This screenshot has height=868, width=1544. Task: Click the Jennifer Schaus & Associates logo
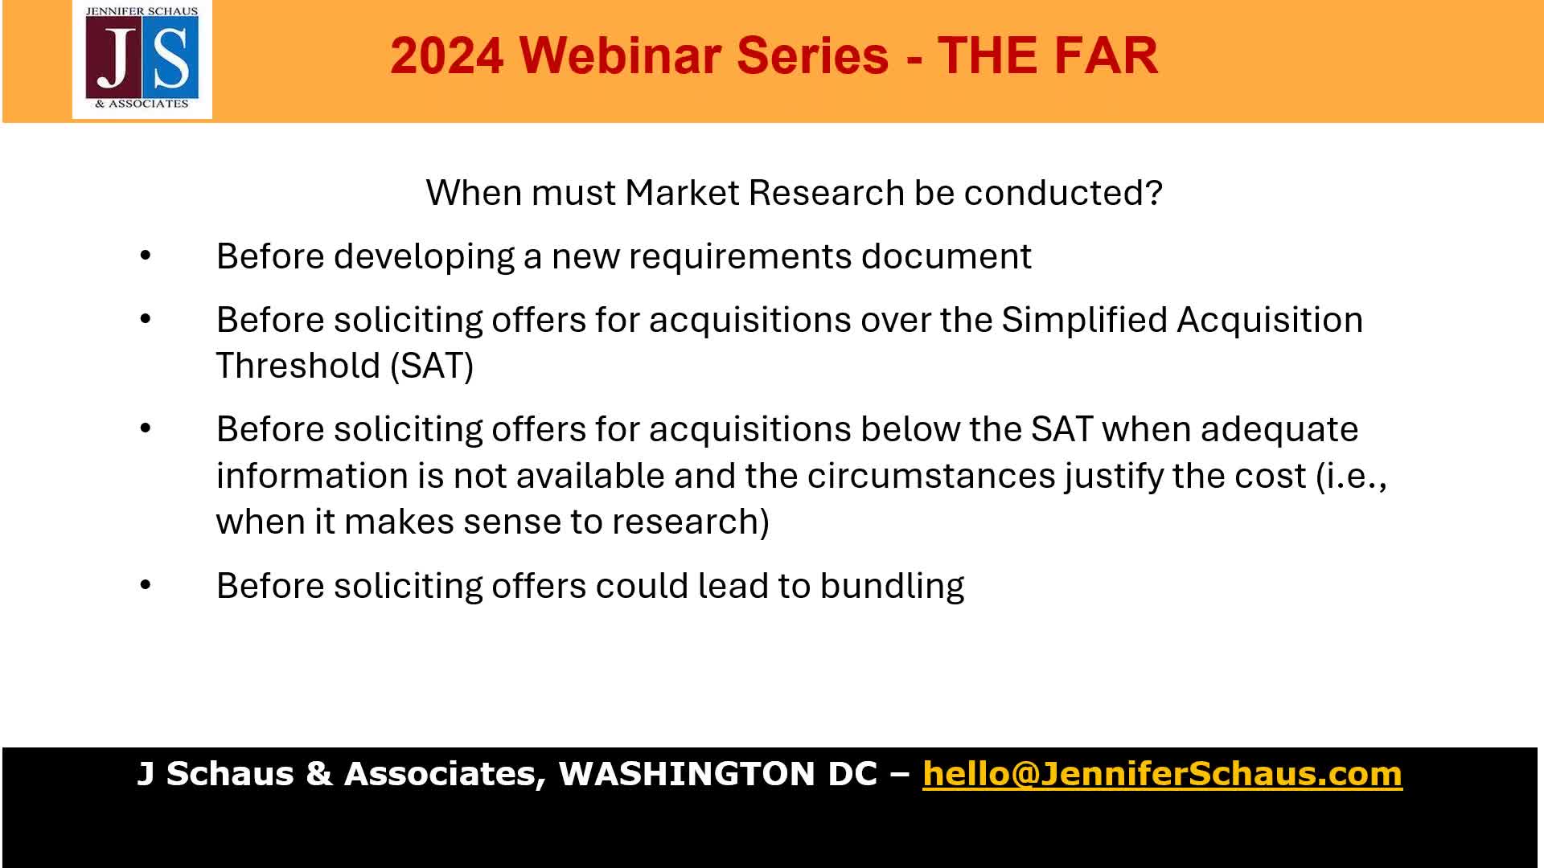(142, 59)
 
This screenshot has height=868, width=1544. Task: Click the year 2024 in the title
(447, 55)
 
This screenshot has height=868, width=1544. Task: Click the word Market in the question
(684, 193)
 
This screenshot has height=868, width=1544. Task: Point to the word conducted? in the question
(1063, 193)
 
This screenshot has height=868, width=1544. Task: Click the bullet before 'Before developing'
(146, 256)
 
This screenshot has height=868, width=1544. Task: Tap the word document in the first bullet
(947, 256)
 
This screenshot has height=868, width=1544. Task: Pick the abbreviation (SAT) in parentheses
(432, 366)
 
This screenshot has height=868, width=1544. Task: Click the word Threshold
(298, 366)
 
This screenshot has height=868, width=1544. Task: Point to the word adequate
(1279, 430)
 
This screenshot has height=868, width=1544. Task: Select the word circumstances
(931, 476)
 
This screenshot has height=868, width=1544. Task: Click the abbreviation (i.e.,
(1352, 476)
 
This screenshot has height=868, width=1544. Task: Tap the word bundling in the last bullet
(892, 586)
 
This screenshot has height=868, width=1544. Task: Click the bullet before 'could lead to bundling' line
(146, 585)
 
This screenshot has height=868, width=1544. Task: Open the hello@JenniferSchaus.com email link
(1162, 774)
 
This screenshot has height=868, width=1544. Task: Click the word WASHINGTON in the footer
(688, 773)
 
